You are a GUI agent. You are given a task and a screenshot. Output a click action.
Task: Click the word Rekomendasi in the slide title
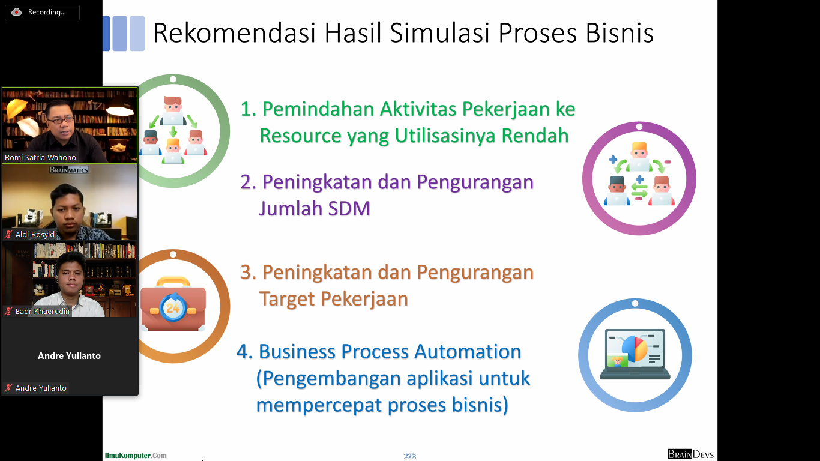pos(234,33)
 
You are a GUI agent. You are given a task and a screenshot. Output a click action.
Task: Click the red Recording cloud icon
pos(16,12)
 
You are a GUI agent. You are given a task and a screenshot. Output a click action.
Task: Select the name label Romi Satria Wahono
pos(40,157)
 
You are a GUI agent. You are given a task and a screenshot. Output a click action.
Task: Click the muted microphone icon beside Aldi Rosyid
pos(8,234)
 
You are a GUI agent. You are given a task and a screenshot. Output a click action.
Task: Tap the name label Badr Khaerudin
pos(43,312)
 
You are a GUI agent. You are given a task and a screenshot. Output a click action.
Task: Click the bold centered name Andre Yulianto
pos(69,355)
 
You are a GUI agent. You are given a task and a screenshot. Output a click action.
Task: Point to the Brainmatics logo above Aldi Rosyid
pos(69,170)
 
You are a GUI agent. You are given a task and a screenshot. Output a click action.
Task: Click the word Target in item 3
pos(286,299)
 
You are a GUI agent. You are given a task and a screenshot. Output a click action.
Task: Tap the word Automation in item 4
pos(468,352)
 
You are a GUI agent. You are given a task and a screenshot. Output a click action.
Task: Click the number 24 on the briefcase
pos(173,308)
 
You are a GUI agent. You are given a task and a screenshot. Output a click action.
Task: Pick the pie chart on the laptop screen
pos(635,348)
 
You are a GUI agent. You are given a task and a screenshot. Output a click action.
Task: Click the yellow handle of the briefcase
pos(173,282)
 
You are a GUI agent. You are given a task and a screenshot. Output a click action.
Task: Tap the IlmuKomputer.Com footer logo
pos(136,456)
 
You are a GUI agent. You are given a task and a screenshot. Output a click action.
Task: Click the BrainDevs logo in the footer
pos(690,454)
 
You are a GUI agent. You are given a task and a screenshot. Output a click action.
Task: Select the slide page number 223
pos(409,456)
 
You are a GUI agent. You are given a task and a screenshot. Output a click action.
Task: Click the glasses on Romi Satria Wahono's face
pos(61,120)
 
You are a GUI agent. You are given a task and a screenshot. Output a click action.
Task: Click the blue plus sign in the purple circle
pos(613,160)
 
